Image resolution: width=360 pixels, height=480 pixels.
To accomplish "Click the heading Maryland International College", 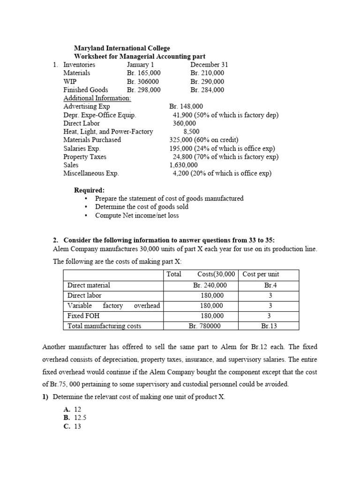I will pos(122,48).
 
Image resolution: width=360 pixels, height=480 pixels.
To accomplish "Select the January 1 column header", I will pos(140,65).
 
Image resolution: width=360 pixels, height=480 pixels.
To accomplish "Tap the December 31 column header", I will pos(209,65).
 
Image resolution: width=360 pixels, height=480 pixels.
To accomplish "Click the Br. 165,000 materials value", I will pos(143,73).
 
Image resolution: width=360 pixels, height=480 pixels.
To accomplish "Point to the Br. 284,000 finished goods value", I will pos(207,90).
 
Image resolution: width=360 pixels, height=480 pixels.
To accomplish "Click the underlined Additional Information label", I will pos(97,98).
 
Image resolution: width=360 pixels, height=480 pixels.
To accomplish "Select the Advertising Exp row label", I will pos(87,106).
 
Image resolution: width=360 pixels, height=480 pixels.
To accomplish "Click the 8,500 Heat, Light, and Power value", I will pos(191,132).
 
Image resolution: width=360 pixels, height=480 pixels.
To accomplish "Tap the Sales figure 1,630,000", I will pos(183,165).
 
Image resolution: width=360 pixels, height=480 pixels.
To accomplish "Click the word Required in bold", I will pos(90,190).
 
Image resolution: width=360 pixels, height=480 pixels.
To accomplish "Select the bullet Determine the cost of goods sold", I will pos(142,207).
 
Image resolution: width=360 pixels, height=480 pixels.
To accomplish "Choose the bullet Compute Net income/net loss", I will pos(137,215).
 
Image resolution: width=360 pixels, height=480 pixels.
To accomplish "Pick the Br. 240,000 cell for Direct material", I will pos(210,285).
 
